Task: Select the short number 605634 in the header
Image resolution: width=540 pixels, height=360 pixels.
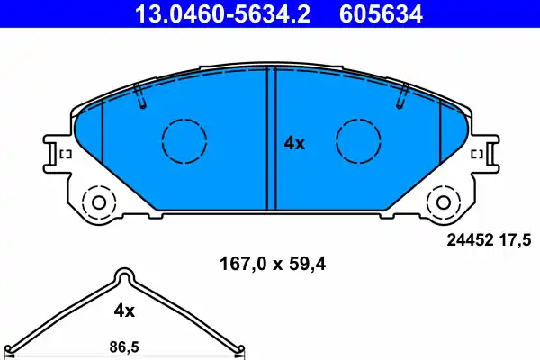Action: point(379,13)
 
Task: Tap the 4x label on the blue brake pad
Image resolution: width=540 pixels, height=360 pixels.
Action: point(294,143)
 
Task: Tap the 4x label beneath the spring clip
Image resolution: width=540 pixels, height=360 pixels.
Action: point(123,310)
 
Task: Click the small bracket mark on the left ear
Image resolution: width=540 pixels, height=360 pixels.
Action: point(65,156)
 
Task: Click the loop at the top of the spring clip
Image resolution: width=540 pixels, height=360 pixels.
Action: point(125,276)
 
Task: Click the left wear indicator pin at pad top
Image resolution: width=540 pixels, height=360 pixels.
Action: point(139,96)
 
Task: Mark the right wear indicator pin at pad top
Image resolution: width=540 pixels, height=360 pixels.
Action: point(401,96)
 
